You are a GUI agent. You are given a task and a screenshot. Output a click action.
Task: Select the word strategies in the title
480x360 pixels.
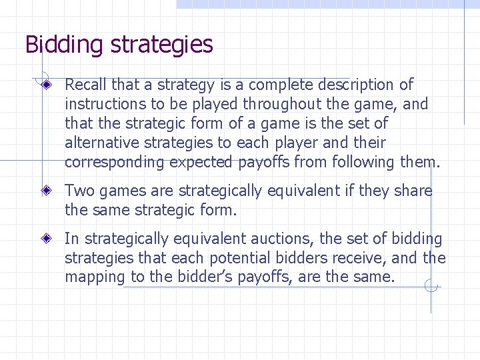(162, 45)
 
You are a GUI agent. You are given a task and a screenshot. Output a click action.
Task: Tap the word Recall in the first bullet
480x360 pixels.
(86, 85)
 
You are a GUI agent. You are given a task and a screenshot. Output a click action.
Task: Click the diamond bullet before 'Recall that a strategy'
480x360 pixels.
(46, 85)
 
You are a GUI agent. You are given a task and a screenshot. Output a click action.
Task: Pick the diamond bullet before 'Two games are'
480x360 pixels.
(46, 191)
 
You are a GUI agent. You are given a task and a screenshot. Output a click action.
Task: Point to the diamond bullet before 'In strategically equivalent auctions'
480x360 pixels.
(46, 238)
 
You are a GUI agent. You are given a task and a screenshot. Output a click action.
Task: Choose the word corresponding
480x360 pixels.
(114, 162)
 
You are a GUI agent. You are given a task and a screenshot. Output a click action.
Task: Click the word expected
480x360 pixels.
(201, 162)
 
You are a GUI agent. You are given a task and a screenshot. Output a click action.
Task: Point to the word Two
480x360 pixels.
(79, 191)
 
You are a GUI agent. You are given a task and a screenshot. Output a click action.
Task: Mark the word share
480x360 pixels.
(413, 191)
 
